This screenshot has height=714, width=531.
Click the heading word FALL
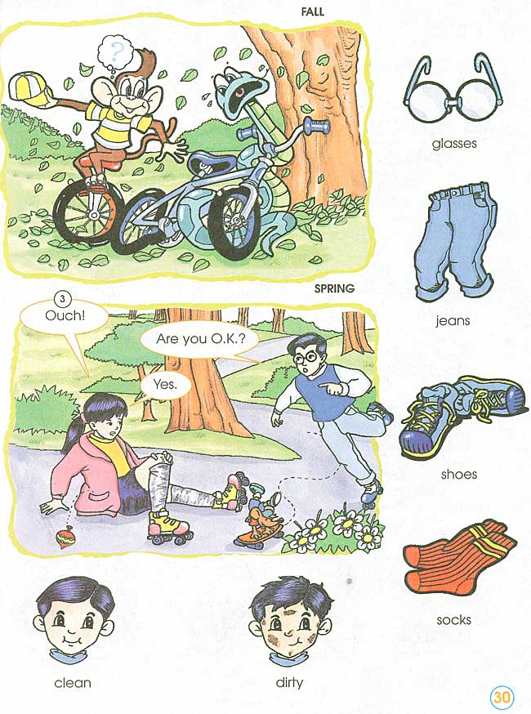coord(313,12)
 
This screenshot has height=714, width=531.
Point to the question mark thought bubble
coord(117,50)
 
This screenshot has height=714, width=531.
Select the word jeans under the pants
coord(452,321)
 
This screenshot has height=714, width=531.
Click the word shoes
coord(458,474)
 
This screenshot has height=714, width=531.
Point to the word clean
coord(73,682)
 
